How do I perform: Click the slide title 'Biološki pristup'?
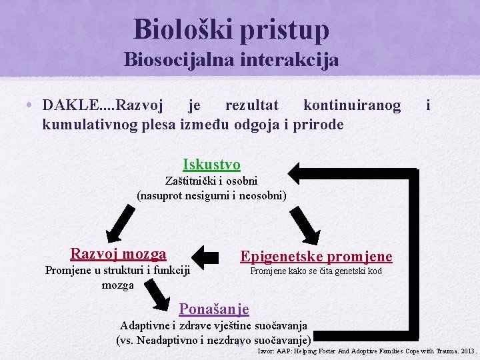pyautogui.click(x=231, y=29)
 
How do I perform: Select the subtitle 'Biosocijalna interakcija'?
pyautogui.click(x=231, y=60)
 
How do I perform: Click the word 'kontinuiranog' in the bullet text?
pyautogui.click(x=352, y=106)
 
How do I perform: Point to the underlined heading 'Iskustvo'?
pyautogui.click(x=211, y=164)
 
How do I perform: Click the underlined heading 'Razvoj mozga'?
pyautogui.click(x=118, y=253)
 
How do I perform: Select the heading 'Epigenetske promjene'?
pyautogui.click(x=316, y=257)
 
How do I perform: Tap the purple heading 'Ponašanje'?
pyautogui.click(x=214, y=309)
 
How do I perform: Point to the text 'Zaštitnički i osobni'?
pyautogui.click(x=211, y=181)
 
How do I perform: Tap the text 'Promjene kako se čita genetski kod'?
pyautogui.click(x=316, y=271)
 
